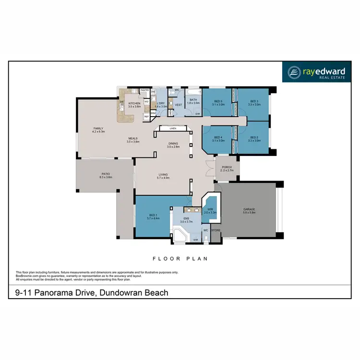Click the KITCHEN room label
pyautogui.click(x=134, y=104)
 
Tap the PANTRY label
pyautogui.click(x=144, y=90)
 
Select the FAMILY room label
pyautogui.click(x=98, y=129)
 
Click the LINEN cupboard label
pyautogui.click(x=173, y=129)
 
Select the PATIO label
pyautogui.click(x=106, y=174)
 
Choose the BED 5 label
pyautogui.click(x=218, y=101)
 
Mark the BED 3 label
pyautogui.click(x=254, y=101)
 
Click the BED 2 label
pyautogui.click(x=254, y=138)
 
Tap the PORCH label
pyautogui.click(x=227, y=168)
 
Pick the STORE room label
pyautogui.click(x=216, y=230)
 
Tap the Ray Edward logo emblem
pyautogui.click(x=293, y=72)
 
